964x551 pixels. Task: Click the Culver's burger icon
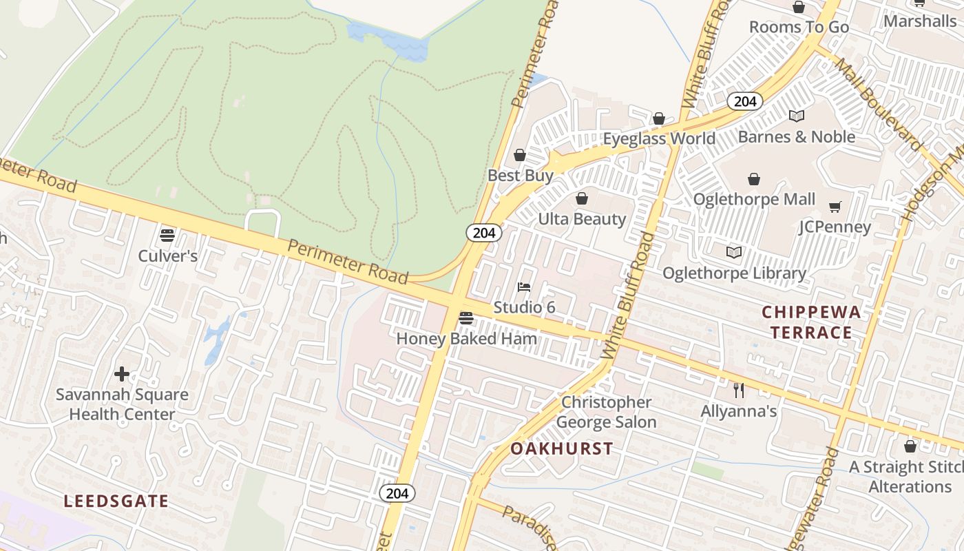pos(167,236)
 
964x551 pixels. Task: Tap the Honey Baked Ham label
pos(466,339)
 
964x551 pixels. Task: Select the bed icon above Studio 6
pos(524,287)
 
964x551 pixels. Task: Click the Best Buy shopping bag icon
pos(520,156)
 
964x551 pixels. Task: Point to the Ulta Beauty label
pos(582,219)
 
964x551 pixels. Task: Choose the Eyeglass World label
pos(659,138)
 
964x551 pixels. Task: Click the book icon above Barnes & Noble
pos(797,116)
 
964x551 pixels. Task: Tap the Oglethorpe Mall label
pos(754,199)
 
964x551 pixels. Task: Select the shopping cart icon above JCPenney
pos(835,207)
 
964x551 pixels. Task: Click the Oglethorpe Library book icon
pos(734,253)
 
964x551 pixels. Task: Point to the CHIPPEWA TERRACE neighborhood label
pos(811,322)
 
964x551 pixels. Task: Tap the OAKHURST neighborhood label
pos(562,448)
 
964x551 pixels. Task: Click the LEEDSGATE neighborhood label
pos(116,501)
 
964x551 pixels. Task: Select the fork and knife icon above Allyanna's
pos(739,391)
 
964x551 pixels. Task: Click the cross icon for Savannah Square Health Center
pos(122,374)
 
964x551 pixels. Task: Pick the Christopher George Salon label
pos(606,412)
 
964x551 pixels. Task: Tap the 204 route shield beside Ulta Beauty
pos(484,233)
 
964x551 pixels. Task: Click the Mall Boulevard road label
pos(877,104)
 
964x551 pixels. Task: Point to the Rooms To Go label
pos(799,27)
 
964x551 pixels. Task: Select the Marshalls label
pos(920,21)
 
